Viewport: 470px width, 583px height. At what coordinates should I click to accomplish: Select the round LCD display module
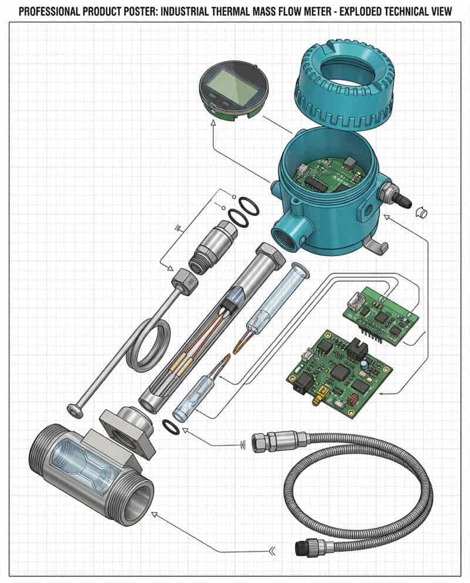point(234,90)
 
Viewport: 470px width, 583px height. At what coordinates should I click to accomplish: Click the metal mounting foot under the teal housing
point(372,244)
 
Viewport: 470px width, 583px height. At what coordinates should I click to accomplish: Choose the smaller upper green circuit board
point(380,315)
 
